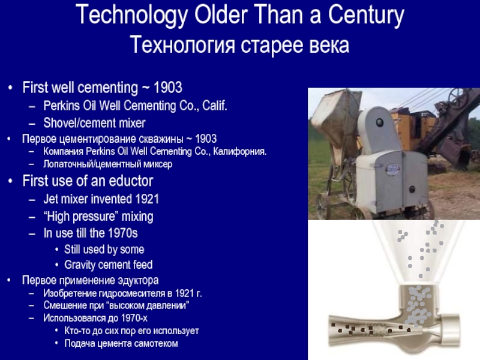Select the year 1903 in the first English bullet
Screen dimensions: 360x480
pyautogui.click(x=168, y=88)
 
